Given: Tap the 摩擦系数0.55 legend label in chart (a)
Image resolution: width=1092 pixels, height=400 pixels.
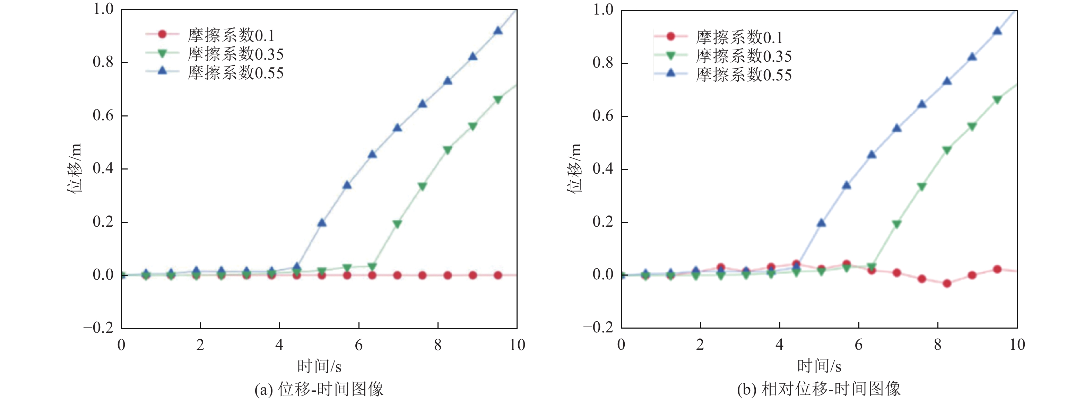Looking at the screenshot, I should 236,73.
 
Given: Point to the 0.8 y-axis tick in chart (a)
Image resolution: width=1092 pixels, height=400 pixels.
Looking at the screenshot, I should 103,62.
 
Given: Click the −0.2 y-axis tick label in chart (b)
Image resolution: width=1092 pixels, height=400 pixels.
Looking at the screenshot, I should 598,327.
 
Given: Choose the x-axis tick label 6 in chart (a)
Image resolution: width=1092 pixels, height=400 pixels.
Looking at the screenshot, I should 359,345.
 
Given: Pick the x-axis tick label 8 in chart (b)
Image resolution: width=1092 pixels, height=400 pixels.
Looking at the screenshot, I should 938,345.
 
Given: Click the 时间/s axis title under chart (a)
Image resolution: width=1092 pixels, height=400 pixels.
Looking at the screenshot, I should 319,366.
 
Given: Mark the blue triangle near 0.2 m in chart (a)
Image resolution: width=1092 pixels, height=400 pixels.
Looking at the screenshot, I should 322,223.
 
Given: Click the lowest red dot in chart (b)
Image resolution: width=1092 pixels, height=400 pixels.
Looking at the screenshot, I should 947,284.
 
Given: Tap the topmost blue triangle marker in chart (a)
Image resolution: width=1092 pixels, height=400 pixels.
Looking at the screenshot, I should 498,31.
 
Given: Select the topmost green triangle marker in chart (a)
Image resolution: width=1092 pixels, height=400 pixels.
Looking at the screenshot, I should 498,99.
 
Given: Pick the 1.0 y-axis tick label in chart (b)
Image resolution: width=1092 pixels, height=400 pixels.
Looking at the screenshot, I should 603,9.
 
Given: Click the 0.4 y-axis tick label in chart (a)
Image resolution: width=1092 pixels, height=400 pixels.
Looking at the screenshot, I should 103,169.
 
